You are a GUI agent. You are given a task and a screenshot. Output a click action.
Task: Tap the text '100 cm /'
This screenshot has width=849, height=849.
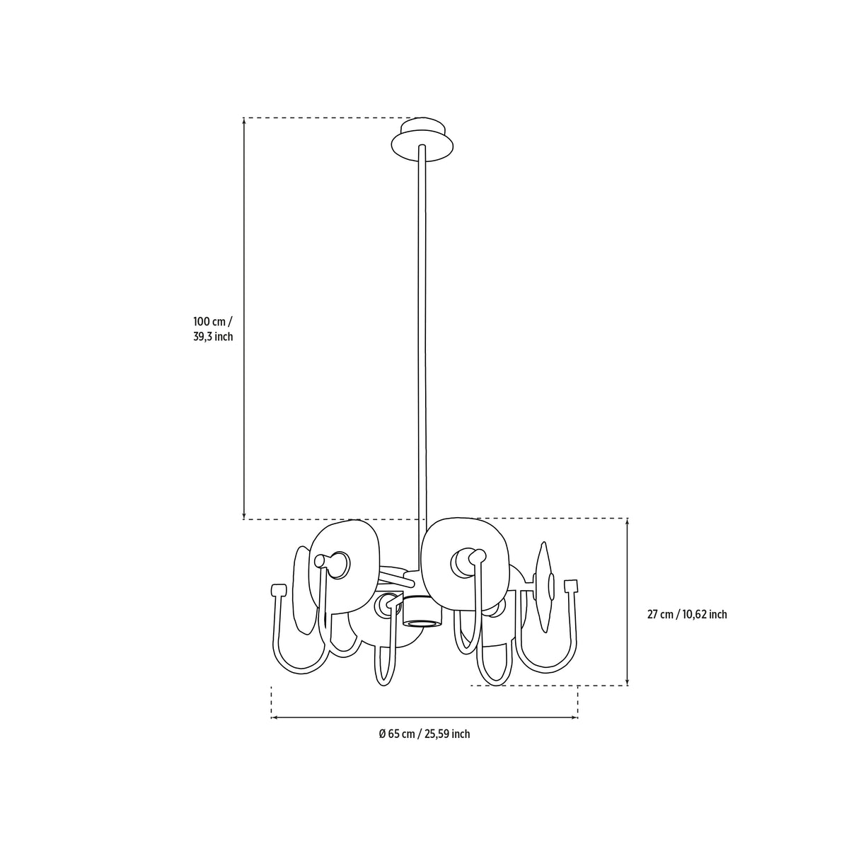pyautogui.click(x=213, y=320)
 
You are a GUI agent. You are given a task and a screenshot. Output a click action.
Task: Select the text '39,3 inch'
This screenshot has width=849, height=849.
pyautogui.click(x=213, y=337)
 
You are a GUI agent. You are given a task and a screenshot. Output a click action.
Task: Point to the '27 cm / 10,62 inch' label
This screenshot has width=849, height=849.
pyautogui.click(x=687, y=615)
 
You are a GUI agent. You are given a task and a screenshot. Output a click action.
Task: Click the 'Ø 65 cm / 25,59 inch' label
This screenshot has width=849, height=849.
pyautogui.click(x=424, y=734)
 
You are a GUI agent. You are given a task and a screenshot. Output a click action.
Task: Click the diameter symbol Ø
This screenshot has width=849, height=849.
pyautogui.click(x=383, y=734)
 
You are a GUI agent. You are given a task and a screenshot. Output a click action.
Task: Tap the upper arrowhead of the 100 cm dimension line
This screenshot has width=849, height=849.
pyautogui.click(x=244, y=121)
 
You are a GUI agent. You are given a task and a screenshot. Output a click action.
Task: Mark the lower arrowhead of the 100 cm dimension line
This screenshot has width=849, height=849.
pyautogui.click(x=244, y=516)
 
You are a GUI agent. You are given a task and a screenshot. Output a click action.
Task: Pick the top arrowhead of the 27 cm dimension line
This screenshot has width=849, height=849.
pyautogui.click(x=628, y=522)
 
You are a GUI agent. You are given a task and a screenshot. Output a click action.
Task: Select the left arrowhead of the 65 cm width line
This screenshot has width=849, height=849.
pyautogui.click(x=275, y=717)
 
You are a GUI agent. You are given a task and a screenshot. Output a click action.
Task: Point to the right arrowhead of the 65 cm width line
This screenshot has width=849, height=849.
pyautogui.click(x=574, y=717)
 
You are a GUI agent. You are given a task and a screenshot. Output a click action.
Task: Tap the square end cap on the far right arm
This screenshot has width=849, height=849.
pyautogui.click(x=570, y=586)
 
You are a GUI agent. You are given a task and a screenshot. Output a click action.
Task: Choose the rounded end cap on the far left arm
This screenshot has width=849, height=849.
pyautogui.click(x=279, y=589)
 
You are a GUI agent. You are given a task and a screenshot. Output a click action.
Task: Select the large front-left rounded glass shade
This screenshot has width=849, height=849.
pyautogui.click(x=343, y=568)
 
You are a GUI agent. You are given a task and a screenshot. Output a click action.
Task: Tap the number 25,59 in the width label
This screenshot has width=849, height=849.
pyautogui.click(x=437, y=734)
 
